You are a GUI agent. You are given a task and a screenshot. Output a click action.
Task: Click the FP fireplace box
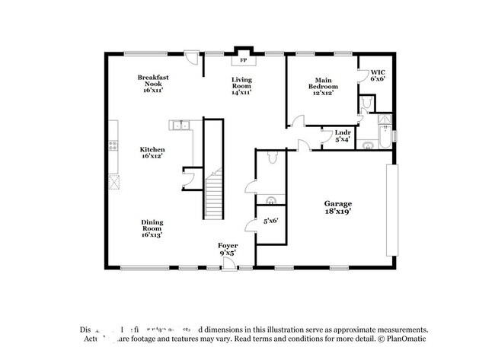pos(244,59)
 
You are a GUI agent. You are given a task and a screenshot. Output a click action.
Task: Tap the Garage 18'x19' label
pos(338,208)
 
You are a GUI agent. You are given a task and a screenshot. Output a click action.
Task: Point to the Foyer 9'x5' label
pos(228,249)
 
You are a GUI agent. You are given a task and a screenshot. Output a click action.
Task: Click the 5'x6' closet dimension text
pos(270,221)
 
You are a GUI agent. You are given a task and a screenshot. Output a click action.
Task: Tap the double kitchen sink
pos(180,126)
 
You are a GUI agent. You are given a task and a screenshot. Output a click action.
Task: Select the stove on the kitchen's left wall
pos(113,145)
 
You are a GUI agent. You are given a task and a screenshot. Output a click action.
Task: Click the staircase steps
pos(214,194)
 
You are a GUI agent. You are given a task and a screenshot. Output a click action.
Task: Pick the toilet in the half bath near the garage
pos(273,158)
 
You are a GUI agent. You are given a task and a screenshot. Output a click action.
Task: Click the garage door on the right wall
pos(391,209)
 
